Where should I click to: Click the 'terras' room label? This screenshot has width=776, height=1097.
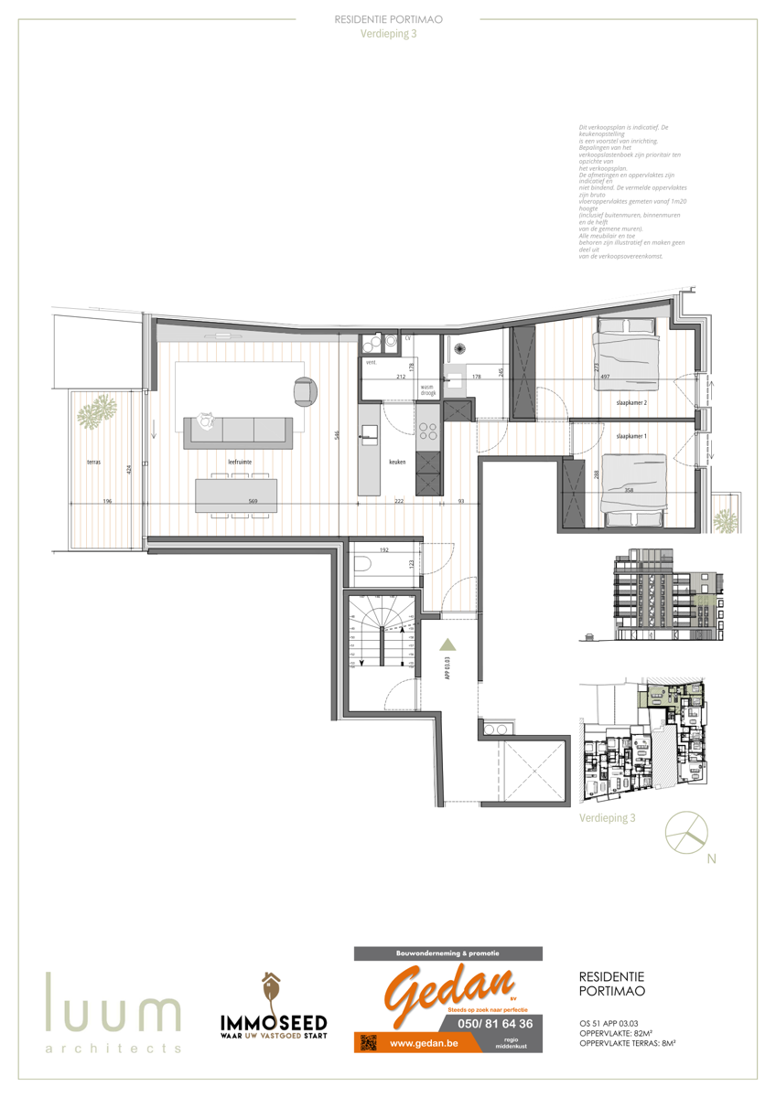(x=94, y=463)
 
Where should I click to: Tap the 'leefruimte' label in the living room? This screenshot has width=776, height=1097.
(x=240, y=463)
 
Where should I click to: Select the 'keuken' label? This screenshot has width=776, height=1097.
(x=397, y=463)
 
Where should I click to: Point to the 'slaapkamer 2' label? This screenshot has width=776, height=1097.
(x=631, y=402)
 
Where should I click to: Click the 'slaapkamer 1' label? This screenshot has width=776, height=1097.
(x=631, y=436)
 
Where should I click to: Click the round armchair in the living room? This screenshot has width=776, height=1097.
(x=305, y=390)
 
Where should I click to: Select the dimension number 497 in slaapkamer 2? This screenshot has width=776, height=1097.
(x=605, y=376)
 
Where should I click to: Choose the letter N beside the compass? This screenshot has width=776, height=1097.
(x=711, y=859)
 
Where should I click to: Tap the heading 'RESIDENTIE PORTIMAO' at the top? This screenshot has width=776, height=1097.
(x=388, y=18)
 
